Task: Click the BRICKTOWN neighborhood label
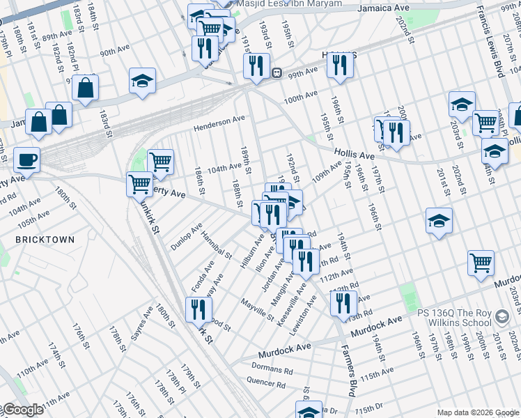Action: click(x=45, y=239)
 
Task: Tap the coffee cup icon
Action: click(x=26, y=160)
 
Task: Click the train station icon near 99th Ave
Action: click(x=277, y=72)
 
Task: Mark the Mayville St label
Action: click(x=258, y=309)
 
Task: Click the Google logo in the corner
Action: click(x=23, y=410)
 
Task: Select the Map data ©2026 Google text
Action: click(x=478, y=412)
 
